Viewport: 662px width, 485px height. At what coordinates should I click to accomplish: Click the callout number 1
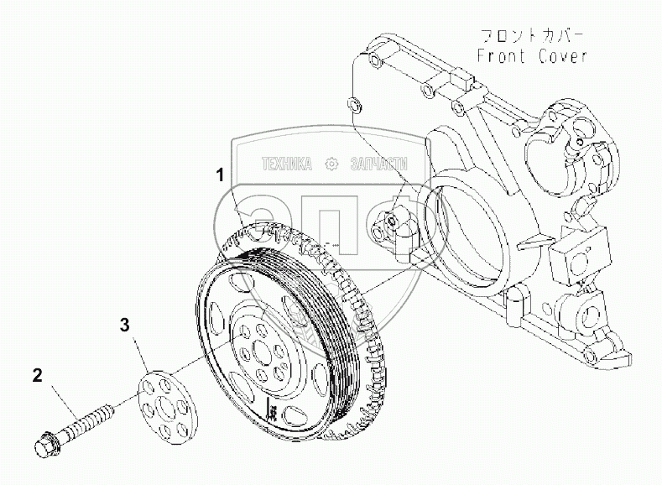tap(220, 175)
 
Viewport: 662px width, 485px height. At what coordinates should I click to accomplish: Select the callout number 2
tap(38, 375)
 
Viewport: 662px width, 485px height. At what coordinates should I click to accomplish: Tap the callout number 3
tap(124, 325)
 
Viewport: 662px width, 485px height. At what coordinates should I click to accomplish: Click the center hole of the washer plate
tap(165, 407)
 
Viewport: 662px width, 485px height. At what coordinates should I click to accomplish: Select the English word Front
tap(501, 56)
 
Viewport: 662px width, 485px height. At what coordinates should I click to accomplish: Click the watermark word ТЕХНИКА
tap(287, 164)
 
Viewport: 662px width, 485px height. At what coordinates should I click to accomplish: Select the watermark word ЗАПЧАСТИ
tap(379, 164)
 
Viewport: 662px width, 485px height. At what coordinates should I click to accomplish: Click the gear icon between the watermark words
tap(331, 164)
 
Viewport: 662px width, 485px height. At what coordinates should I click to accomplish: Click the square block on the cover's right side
tap(577, 256)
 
